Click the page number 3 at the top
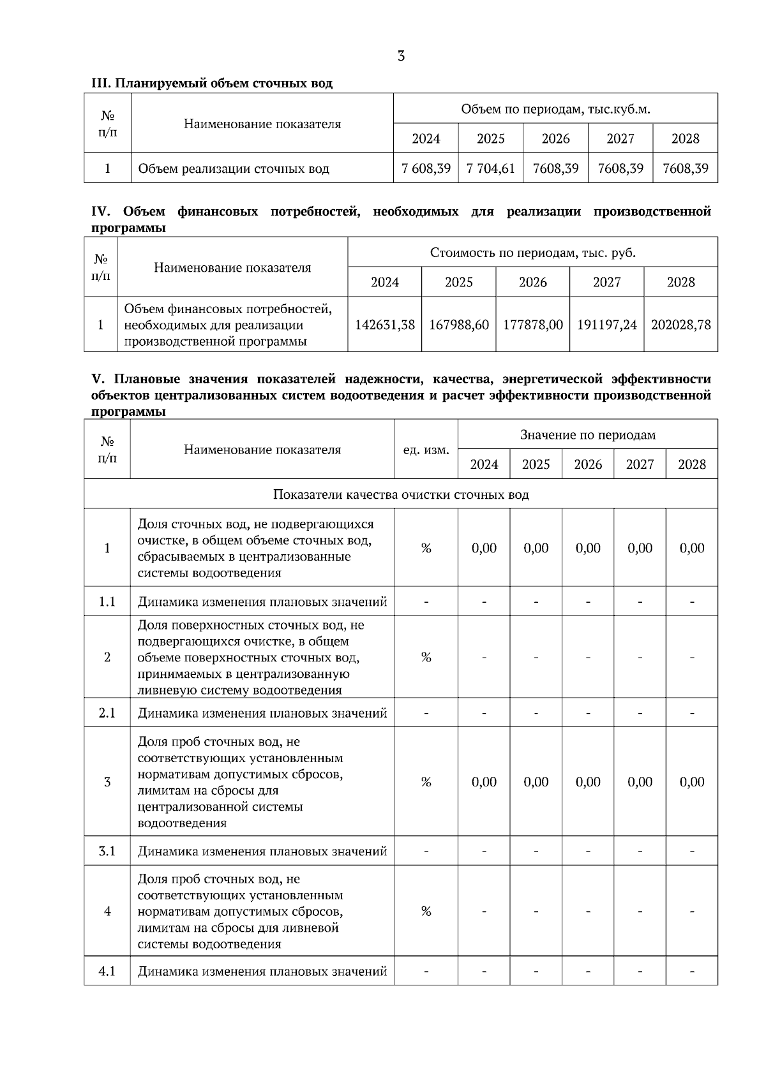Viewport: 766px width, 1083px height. coord(401,56)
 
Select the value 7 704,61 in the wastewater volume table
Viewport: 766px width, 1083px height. coord(490,168)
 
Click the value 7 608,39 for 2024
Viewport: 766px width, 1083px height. coord(426,168)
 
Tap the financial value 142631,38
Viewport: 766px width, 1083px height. coord(384,325)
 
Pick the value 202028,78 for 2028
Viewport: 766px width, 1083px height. coord(680,325)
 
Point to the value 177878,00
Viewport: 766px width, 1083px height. coord(532,325)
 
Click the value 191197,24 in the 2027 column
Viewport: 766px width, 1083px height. coord(606,325)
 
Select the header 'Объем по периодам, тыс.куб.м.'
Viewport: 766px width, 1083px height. coord(555,109)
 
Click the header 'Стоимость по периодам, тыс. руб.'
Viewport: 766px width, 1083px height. coord(532,253)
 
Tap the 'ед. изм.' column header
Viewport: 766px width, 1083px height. coord(426,450)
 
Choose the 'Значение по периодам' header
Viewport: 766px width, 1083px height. coord(587,435)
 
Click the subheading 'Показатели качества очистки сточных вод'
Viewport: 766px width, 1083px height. coord(401,494)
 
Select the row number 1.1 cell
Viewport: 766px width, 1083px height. coord(107,601)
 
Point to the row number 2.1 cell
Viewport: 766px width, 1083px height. coord(107,712)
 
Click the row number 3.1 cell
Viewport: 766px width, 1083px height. coord(107,851)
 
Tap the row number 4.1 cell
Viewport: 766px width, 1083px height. coord(107,971)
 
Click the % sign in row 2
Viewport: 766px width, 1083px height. coord(426,657)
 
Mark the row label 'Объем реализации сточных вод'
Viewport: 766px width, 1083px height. coord(234,169)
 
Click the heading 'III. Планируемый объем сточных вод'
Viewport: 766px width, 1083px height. coord(212,84)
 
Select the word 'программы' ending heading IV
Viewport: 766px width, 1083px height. coord(128,228)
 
